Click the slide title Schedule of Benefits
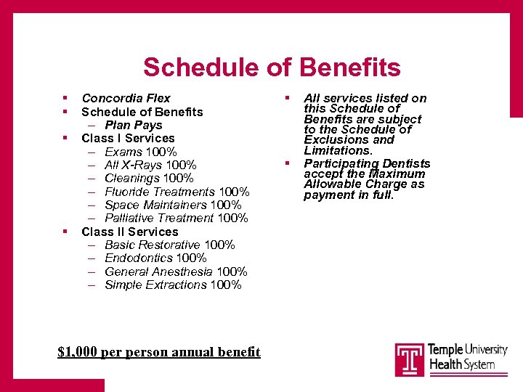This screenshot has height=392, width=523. coord(272,68)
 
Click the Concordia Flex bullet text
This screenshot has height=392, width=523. coord(126,98)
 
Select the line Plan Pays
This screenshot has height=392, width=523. coord(133,125)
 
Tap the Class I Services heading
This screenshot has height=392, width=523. coord(128,138)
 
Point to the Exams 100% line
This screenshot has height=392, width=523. coord(140,152)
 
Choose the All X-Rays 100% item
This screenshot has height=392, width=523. coord(150,165)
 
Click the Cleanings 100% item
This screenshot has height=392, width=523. coord(149,178)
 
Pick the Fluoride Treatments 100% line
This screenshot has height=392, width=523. coord(177,192)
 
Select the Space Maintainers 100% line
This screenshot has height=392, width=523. coord(173,205)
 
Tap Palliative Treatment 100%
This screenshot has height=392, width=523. coord(176,218)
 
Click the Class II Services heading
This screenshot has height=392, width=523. coord(129,232)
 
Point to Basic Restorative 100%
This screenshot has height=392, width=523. coord(169,245)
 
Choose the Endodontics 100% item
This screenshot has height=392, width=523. coord(155,258)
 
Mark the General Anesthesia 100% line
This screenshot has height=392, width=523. coord(176,271)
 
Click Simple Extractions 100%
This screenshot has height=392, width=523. coord(173,285)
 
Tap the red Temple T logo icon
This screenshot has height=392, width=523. coord(410,359)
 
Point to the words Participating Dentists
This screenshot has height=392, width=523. coord(367,163)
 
